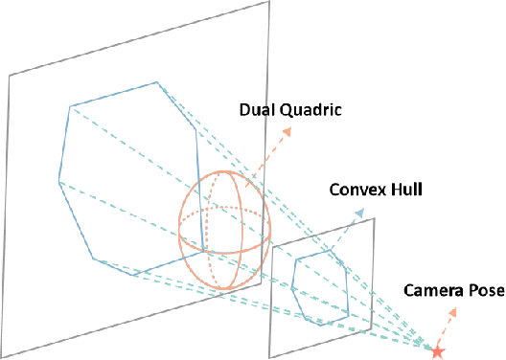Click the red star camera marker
click(x=438, y=351)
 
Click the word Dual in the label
click(x=256, y=108)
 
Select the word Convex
click(x=356, y=189)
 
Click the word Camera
click(x=430, y=289)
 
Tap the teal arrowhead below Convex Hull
click(x=360, y=213)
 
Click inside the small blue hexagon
click(x=321, y=288)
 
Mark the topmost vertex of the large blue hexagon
click(x=158, y=83)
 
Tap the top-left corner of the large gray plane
click(x=10, y=76)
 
